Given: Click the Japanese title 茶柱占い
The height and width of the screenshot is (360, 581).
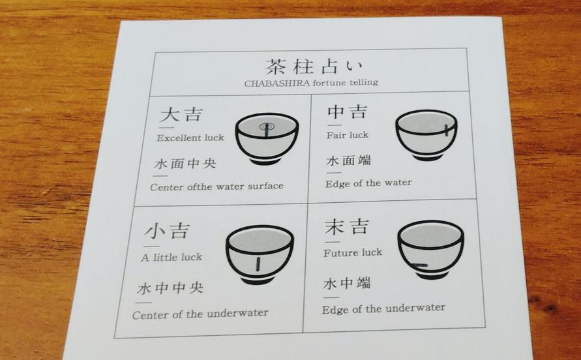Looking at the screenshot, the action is pyautogui.click(x=314, y=67).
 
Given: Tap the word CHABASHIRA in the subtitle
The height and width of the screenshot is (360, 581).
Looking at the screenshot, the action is pyautogui.click(x=277, y=83).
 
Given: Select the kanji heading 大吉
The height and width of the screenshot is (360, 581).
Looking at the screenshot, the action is pyautogui.click(x=181, y=114).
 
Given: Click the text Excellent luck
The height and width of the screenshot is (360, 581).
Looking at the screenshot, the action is pyautogui.click(x=190, y=138).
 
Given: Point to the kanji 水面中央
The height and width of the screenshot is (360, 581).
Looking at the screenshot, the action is pyautogui.click(x=185, y=163).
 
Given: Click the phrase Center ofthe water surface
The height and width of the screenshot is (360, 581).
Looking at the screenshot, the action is pyautogui.click(x=216, y=186).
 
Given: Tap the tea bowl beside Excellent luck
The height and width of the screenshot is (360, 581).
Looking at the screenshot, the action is pyautogui.click(x=267, y=138).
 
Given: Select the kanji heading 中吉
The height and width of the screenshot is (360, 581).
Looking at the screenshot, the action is pyautogui.click(x=348, y=112).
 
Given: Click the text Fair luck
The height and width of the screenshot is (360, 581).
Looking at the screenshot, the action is pyautogui.click(x=348, y=135).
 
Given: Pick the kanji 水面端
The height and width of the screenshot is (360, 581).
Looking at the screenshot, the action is pyautogui.click(x=349, y=160).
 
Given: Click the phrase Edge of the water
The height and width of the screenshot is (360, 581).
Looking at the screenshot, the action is pyautogui.click(x=368, y=183).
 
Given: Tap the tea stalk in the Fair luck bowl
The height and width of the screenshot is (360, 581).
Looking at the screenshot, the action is pyautogui.click(x=447, y=130).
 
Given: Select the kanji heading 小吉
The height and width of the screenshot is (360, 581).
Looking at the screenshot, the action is pyautogui.click(x=168, y=231).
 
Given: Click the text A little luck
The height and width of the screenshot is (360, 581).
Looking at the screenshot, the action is pyautogui.click(x=171, y=257).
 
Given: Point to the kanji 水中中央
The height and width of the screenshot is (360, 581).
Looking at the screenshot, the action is pyautogui.click(x=170, y=288).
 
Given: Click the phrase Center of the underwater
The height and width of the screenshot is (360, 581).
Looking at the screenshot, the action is pyautogui.click(x=200, y=314).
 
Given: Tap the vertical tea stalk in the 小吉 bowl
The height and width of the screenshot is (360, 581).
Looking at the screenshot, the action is pyautogui.click(x=258, y=264).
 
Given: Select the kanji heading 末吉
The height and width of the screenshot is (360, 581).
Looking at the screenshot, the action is pyautogui.click(x=347, y=226).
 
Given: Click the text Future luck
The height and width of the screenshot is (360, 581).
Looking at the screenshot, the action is pyautogui.click(x=353, y=253).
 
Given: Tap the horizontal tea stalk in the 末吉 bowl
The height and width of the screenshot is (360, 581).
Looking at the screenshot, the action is pyautogui.click(x=419, y=265).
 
